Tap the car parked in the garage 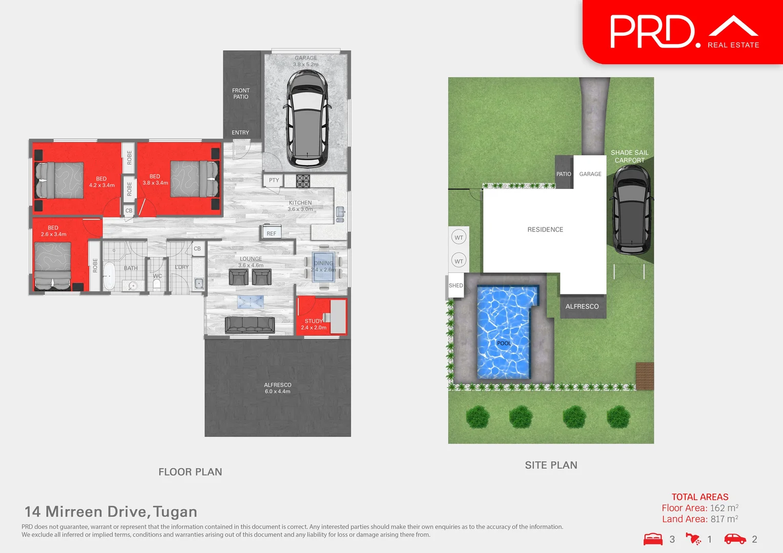[306, 119]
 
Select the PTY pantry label [274, 180]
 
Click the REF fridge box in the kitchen [271, 233]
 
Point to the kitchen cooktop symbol [303, 181]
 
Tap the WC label [157, 276]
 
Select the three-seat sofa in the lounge [250, 325]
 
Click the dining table [323, 267]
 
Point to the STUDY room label [314, 321]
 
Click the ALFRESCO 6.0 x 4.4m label [278, 388]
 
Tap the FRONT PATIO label [241, 94]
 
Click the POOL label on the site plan [504, 343]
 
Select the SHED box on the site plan [456, 286]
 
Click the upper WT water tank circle [459, 238]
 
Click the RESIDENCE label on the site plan [545, 229]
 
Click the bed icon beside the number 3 [653, 539]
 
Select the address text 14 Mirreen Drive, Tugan [111, 512]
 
